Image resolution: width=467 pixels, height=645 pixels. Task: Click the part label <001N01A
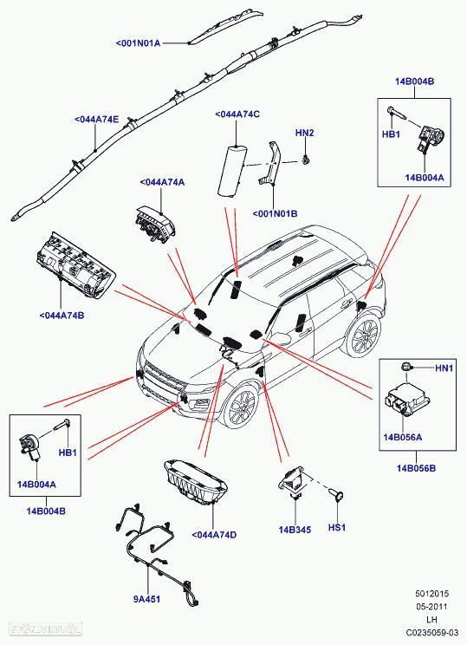[139, 42]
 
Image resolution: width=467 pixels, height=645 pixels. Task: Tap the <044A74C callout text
[237, 114]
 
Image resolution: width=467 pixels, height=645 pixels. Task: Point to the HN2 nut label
[304, 133]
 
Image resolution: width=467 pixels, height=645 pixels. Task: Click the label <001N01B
[275, 213]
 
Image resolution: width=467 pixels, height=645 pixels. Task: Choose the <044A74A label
[162, 182]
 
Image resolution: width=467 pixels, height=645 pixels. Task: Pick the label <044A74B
[62, 315]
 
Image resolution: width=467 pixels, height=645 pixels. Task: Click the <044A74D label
[213, 534]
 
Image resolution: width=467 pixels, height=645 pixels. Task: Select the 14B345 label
[293, 529]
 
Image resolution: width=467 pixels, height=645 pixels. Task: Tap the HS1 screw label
[336, 527]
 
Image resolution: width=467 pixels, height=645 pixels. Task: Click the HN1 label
[444, 369]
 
